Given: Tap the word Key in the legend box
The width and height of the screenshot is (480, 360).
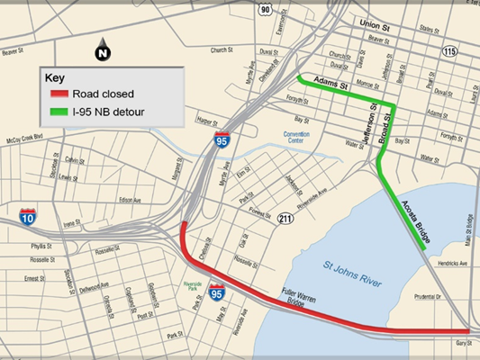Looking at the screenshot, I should click(x=56, y=77).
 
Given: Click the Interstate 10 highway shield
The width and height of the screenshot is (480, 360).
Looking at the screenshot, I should click(x=29, y=216).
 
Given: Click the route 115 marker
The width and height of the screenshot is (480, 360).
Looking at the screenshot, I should click(x=449, y=52).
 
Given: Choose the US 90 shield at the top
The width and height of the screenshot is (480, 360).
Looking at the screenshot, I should click(x=264, y=9).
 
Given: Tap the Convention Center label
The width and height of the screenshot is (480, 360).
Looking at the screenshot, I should click(x=295, y=139).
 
